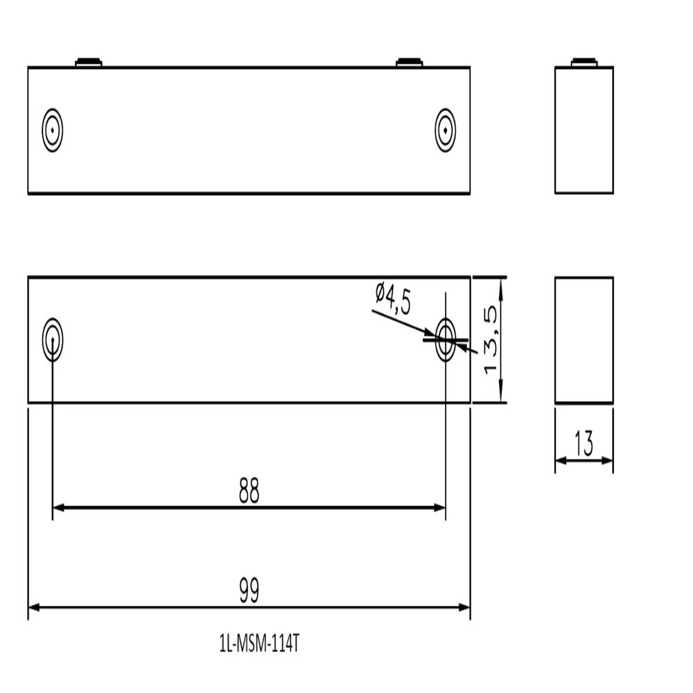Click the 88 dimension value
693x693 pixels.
(x=249, y=491)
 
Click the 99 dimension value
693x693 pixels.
(x=249, y=591)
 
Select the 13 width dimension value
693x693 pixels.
(x=584, y=444)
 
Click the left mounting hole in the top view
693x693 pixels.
(x=53, y=130)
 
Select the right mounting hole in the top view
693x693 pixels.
(x=445, y=130)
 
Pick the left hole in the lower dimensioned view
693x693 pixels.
(x=53, y=340)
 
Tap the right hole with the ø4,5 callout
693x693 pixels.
(x=445, y=340)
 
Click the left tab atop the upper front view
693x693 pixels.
(x=89, y=62)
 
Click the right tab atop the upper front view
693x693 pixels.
(x=410, y=62)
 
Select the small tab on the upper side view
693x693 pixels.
(x=584, y=62)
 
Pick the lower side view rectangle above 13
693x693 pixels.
(x=584, y=340)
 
